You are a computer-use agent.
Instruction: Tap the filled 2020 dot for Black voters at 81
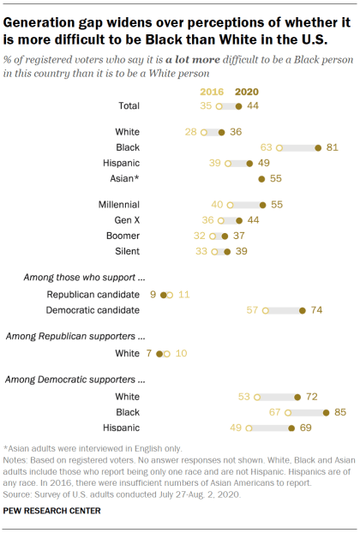tap(318, 148)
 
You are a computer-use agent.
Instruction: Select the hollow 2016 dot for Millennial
tap(231, 205)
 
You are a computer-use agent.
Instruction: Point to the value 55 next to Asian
tap(276, 180)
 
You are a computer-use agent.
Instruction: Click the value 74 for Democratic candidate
tap(316, 309)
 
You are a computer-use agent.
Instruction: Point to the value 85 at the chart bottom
tap(340, 412)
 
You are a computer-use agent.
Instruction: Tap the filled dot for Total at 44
tap(239, 106)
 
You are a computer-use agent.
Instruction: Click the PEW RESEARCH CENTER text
tap(52, 511)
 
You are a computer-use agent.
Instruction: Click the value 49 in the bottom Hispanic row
tap(235, 428)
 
